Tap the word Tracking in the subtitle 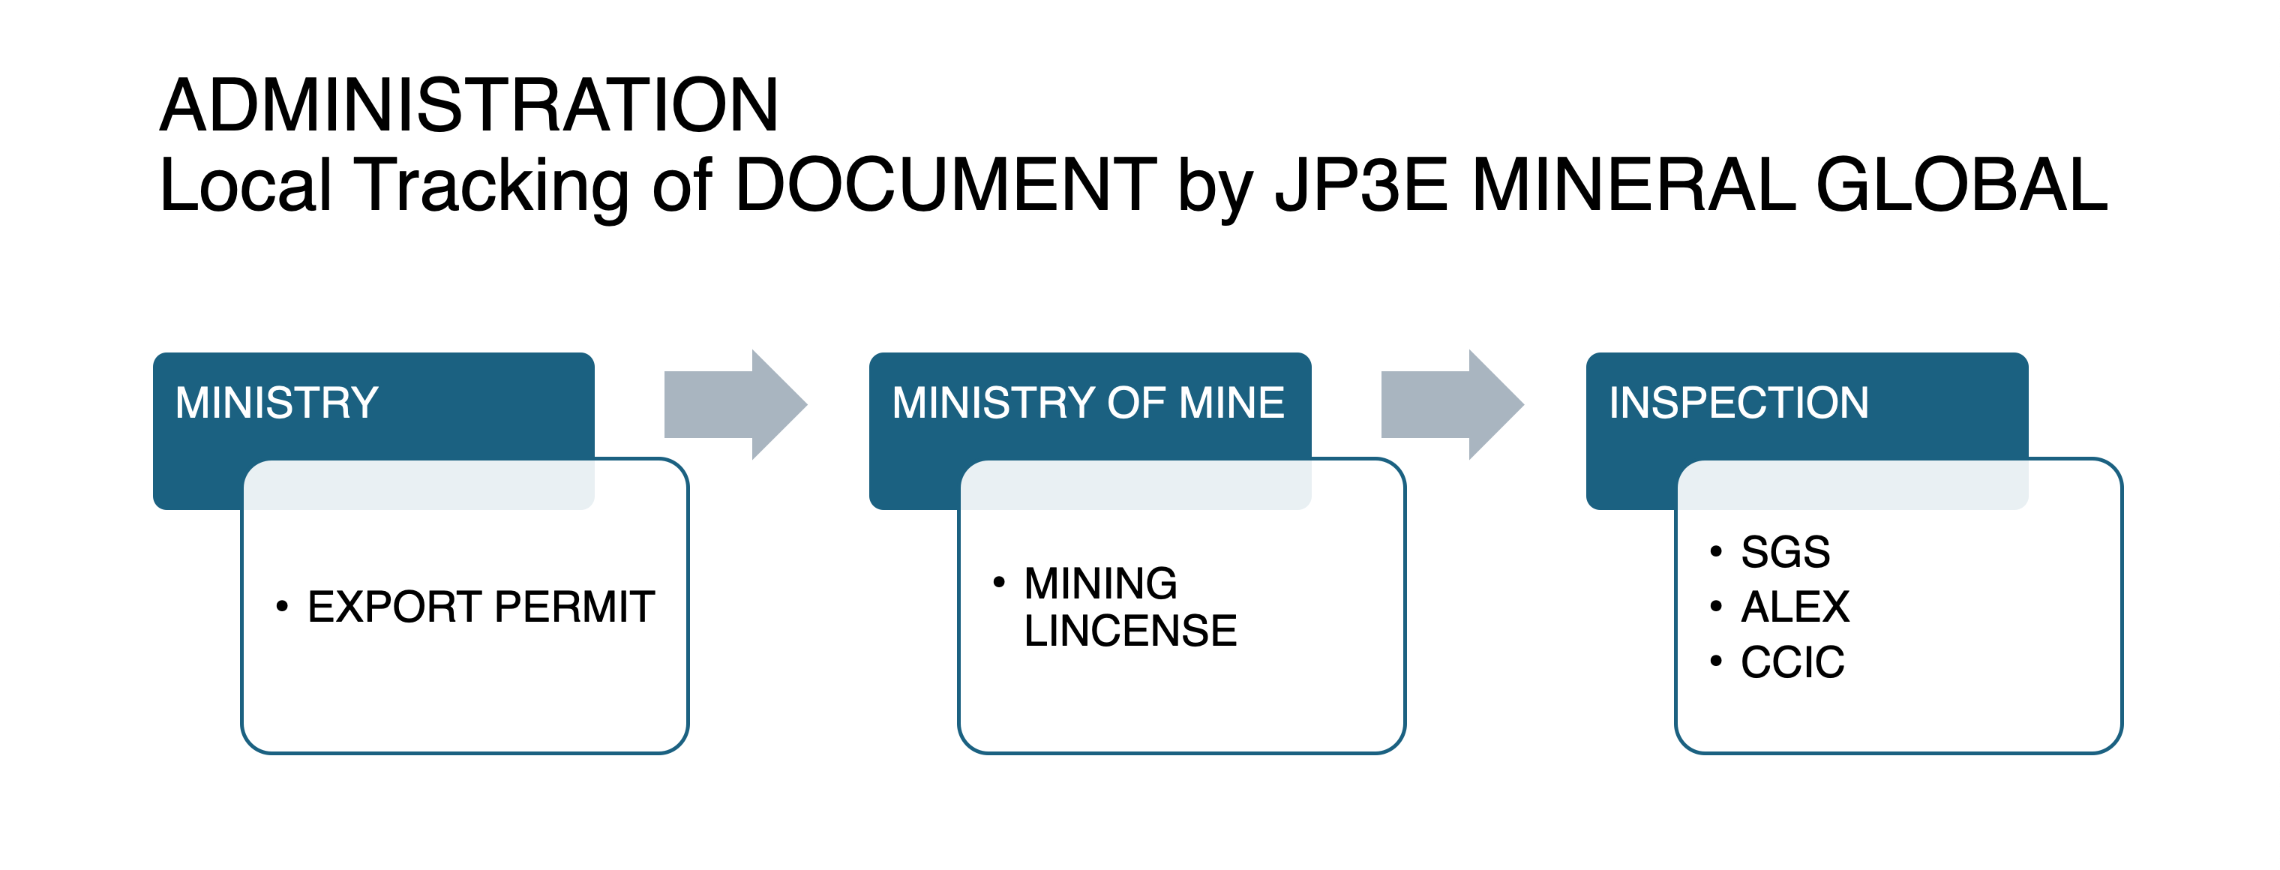tap(491, 186)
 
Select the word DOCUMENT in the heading tap(945, 186)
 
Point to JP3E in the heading tap(1360, 186)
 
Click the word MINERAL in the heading tap(1633, 186)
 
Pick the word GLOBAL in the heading tap(1961, 186)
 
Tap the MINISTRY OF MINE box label tap(1087, 403)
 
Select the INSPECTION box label tap(1738, 403)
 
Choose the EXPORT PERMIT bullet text tap(481, 607)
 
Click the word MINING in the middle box tap(1100, 584)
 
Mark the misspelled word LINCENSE tap(1130, 631)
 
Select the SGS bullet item tap(1785, 552)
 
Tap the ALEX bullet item tap(1795, 607)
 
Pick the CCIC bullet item tap(1792, 662)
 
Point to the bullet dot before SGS tap(1716, 551)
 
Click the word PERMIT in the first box tap(574, 607)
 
